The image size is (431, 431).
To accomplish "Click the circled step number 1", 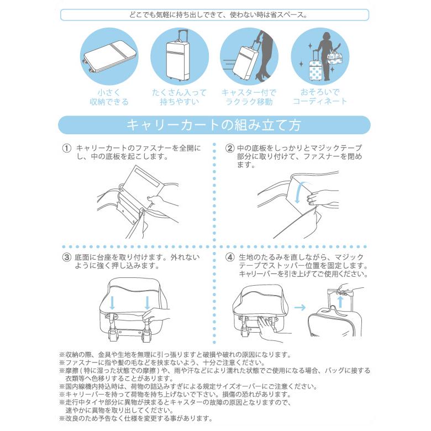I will click(x=66, y=149).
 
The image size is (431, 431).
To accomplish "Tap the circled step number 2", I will click(x=229, y=149).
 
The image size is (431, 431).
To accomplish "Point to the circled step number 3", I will click(x=66, y=257).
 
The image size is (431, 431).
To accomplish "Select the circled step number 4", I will click(x=229, y=257).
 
